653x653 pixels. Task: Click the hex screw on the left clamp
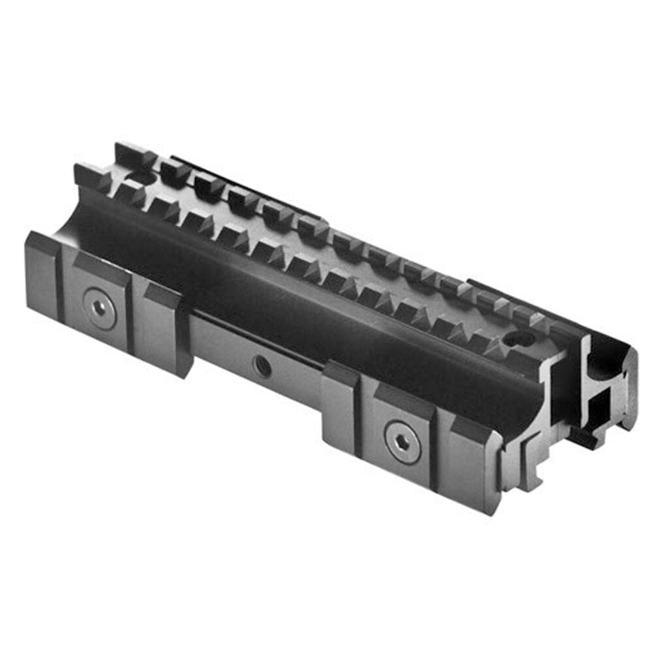[x=101, y=305]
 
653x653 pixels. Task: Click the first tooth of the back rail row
[x=133, y=155]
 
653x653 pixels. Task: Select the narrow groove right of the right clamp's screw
[x=444, y=451]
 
